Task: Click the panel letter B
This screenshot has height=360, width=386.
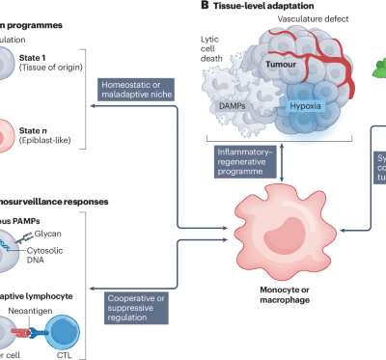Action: pos(204,7)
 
